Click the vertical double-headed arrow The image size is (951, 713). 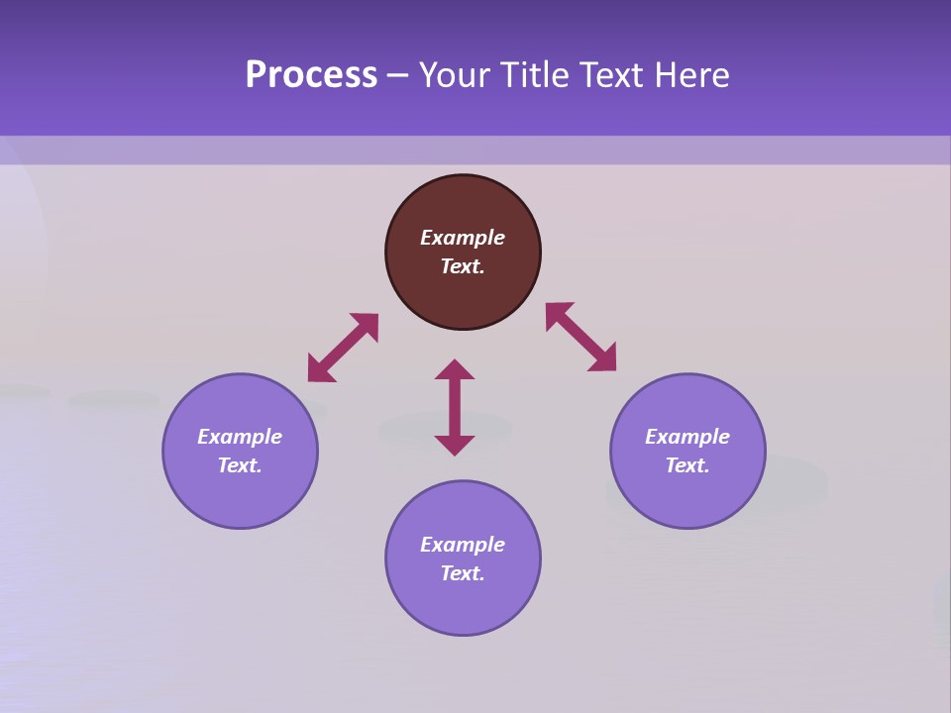(x=455, y=407)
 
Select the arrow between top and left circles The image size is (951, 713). (x=343, y=348)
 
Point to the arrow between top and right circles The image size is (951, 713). (x=581, y=337)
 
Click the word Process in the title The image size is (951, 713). (x=311, y=75)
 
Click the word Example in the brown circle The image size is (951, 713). (x=463, y=238)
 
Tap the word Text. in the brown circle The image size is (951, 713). (x=463, y=266)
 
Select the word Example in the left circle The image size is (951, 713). (x=240, y=437)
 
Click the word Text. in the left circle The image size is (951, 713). (x=240, y=465)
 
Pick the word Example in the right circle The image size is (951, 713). (x=687, y=437)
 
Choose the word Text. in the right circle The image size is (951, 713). (x=687, y=465)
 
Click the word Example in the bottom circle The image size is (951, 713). (x=463, y=545)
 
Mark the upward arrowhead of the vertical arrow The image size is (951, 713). (x=455, y=369)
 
